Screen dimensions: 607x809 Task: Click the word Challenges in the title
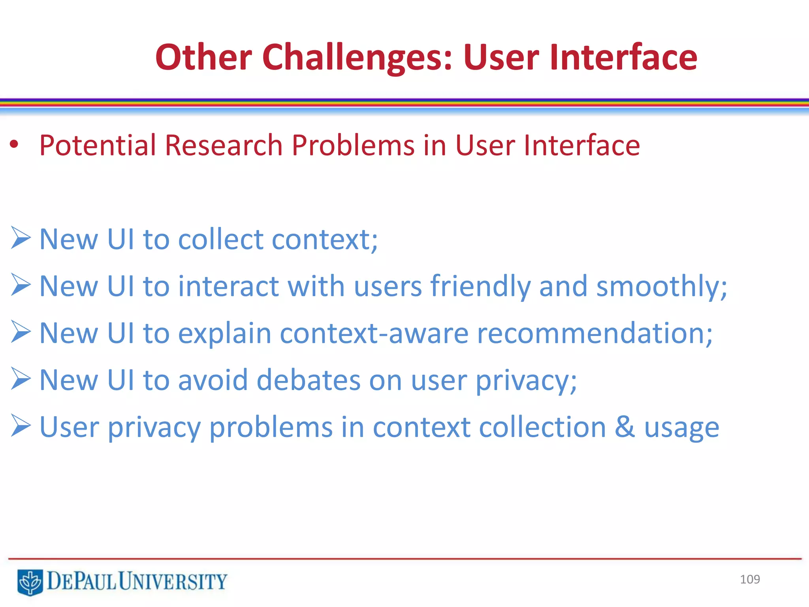(x=357, y=58)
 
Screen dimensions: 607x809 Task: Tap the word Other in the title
(x=203, y=58)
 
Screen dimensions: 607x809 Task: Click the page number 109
(x=750, y=579)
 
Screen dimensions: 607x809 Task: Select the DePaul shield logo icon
(x=30, y=582)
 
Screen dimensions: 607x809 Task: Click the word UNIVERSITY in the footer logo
(x=173, y=581)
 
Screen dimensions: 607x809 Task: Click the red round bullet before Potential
(x=14, y=145)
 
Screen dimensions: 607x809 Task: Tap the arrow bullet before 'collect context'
(x=21, y=238)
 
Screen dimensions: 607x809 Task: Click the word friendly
(x=480, y=286)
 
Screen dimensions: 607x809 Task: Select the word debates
(x=309, y=380)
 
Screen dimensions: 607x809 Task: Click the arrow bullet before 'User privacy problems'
(x=21, y=426)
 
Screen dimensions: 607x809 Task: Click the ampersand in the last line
(x=625, y=427)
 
